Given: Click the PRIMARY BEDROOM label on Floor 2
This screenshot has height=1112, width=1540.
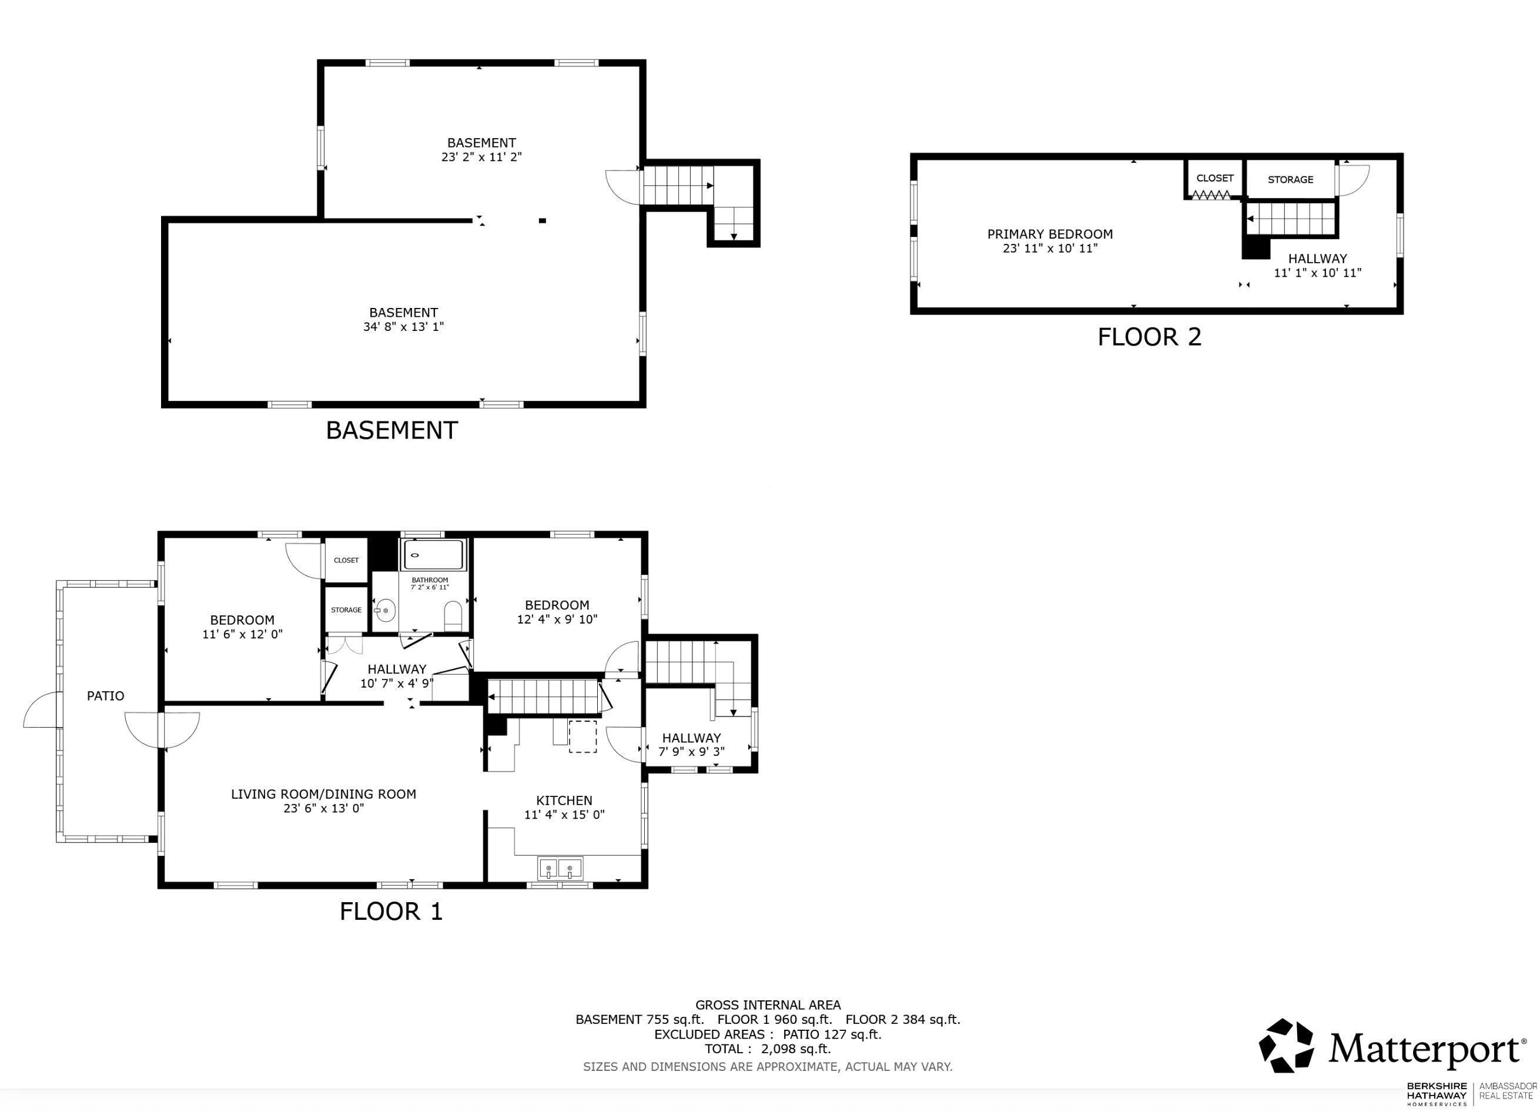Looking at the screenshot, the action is [x=1050, y=234].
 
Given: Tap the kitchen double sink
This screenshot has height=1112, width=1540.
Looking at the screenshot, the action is [x=560, y=869].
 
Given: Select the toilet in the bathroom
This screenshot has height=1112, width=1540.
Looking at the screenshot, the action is [x=453, y=615].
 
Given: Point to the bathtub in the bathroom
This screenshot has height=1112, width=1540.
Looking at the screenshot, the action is [x=434, y=555].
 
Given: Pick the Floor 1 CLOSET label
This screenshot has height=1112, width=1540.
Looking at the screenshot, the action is [x=346, y=560].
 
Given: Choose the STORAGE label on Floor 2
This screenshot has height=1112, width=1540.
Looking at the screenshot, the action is [x=1290, y=180].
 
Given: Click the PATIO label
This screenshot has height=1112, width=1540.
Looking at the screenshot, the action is [x=105, y=696].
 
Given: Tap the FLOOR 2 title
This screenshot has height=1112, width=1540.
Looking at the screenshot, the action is [x=1150, y=337].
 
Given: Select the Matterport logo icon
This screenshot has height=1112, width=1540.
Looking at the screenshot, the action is [x=1286, y=1046].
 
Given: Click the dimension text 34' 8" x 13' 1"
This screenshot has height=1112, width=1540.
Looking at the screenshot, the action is [x=403, y=327].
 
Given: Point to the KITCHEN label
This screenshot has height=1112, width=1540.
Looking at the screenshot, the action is [x=564, y=800].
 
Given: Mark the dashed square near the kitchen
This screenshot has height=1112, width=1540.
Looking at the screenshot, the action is [x=582, y=736].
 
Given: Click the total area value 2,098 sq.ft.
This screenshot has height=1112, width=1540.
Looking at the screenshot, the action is [x=796, y=1049].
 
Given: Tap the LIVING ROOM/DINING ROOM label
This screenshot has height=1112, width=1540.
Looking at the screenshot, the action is [x=323, y=794].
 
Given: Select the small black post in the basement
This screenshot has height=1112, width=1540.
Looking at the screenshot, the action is [x=542, y=220].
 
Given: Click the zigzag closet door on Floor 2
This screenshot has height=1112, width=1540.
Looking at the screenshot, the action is [x=1211, y=196].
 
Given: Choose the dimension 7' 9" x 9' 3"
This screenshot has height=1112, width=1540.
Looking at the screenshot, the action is [x=691, y=752].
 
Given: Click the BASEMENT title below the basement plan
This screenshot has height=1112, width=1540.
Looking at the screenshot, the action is [x=392, y=430].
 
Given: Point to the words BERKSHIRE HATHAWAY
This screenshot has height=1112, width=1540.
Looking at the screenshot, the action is [x=1436, y=1091].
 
